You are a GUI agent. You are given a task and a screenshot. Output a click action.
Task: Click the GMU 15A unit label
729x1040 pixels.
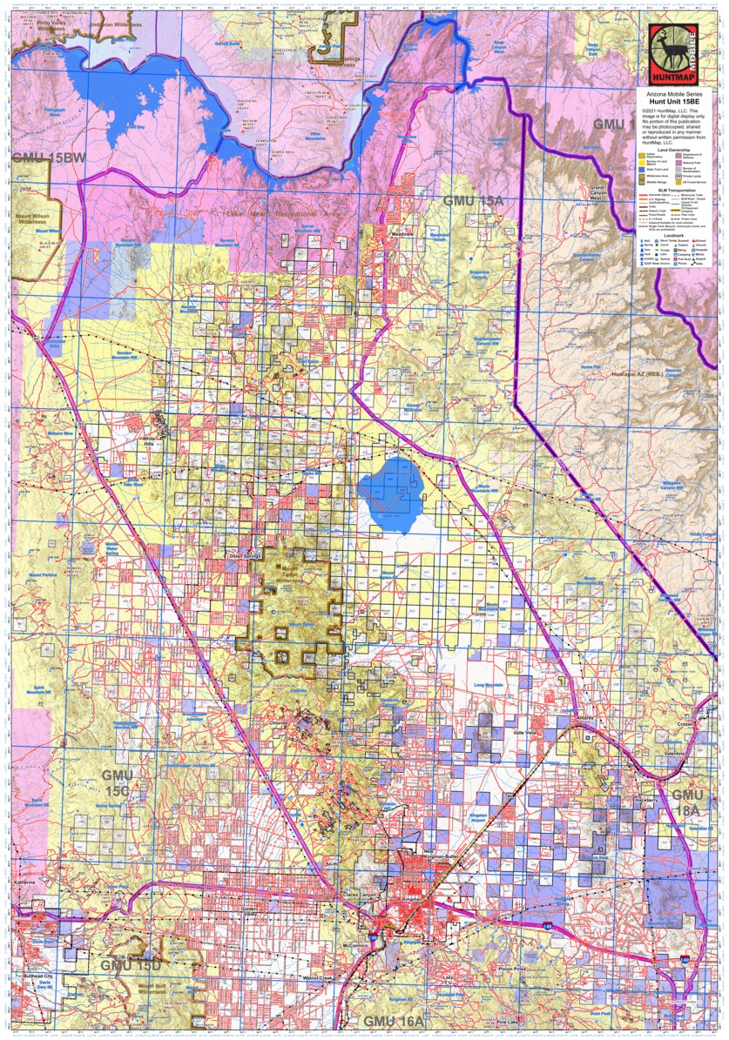pyautogui.click(x=473, y=201)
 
